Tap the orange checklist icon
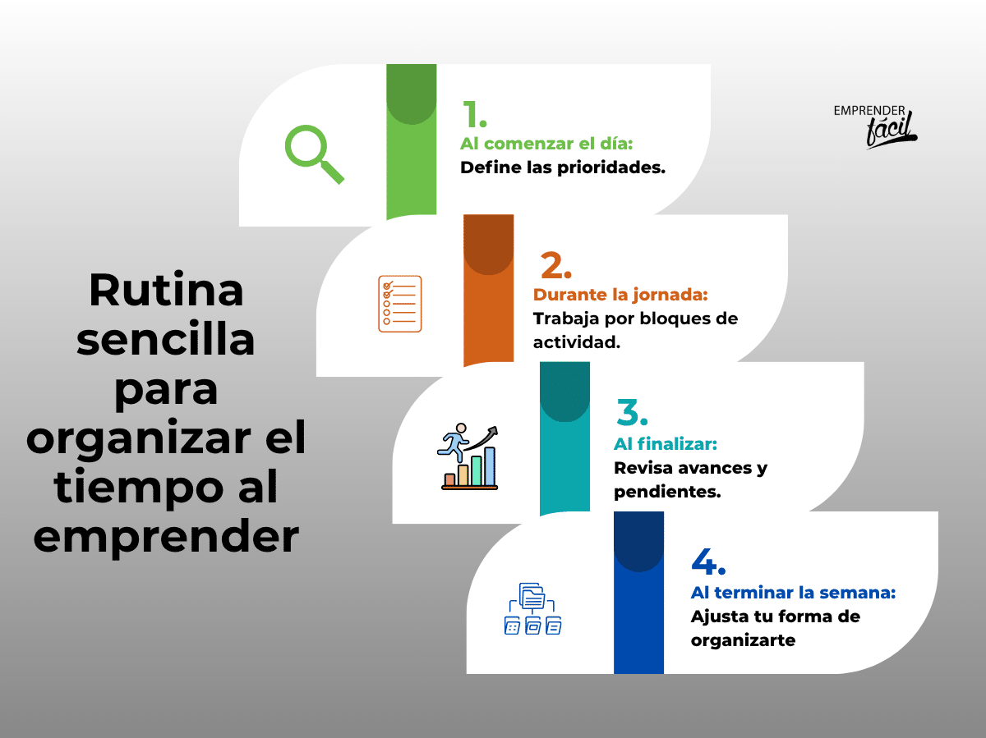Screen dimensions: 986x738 pyautogui.click(x=400, y=305)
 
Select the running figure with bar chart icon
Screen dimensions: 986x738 pyautogui.click(x=468, y=456)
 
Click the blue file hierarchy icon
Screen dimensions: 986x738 pyautogui.click(x=532, y=609)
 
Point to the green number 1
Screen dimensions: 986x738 pyautogui.click(x=474, y=114)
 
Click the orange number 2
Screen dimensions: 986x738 pyautogui.click(x=556, y=265)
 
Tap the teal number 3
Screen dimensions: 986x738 pyautogui.click(x=632, y=412)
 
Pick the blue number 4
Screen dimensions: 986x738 pyautogui.click(x=708, y=561)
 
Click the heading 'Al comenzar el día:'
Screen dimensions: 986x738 pyautogui.click(x=546, y=144)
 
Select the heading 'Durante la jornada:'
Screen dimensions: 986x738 pyautogui.click(x=620, y=295)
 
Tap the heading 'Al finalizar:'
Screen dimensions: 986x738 pyautogui.click(x=666, y=444)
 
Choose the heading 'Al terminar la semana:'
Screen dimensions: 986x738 pyautogui.click(x=793, y=593)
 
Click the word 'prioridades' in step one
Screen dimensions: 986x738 pyautogui.click(x=611, y=167)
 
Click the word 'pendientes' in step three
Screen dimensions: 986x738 pyautogui.click(x=667, y=493)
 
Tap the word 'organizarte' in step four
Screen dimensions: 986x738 pyautogui.click(x=743, y=640)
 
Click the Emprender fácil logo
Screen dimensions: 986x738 pyautogui.click(x=875, y=126)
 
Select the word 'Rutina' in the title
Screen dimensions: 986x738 pyautogui.click(x=166, y=290)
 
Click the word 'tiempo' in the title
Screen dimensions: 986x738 pyautogui.click(x=138, y=488)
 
